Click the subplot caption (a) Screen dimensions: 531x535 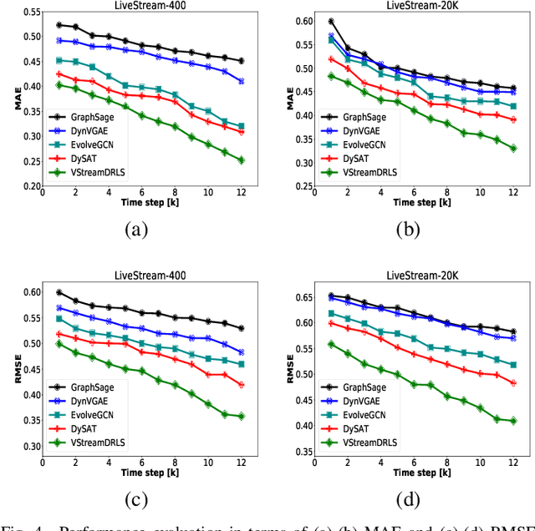137,231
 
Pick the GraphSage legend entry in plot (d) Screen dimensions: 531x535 365,387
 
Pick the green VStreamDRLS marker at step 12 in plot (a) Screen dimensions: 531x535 242,160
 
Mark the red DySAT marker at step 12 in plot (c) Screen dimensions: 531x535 242,385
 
